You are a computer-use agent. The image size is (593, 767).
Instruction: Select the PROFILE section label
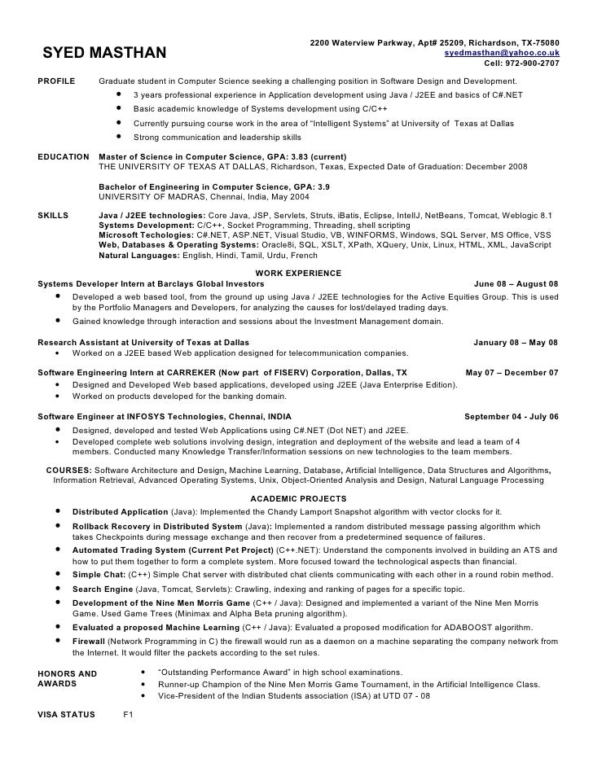(x=57, y=82)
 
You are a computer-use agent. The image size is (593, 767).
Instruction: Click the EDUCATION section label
(x=64, y=156)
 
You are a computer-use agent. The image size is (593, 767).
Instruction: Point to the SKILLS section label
(x=55, y=216)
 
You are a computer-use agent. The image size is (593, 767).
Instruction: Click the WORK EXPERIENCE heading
(x=298, y=273)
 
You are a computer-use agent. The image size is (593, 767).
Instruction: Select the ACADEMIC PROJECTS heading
(x=298, y=498)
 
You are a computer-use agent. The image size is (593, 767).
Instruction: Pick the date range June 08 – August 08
(x=516, y=283)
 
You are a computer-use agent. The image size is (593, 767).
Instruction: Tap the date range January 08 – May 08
(x=516, y=342)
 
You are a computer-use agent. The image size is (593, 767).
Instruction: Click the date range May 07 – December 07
(x=512, y=372)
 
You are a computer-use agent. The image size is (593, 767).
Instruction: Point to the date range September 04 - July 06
(x=511, y=416)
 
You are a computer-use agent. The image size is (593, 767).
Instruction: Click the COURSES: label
(x=69, y=471)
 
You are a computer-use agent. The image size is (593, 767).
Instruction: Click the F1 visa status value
(x=127, y=714)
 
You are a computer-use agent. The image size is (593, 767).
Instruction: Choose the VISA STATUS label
(x=67, y=714)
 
